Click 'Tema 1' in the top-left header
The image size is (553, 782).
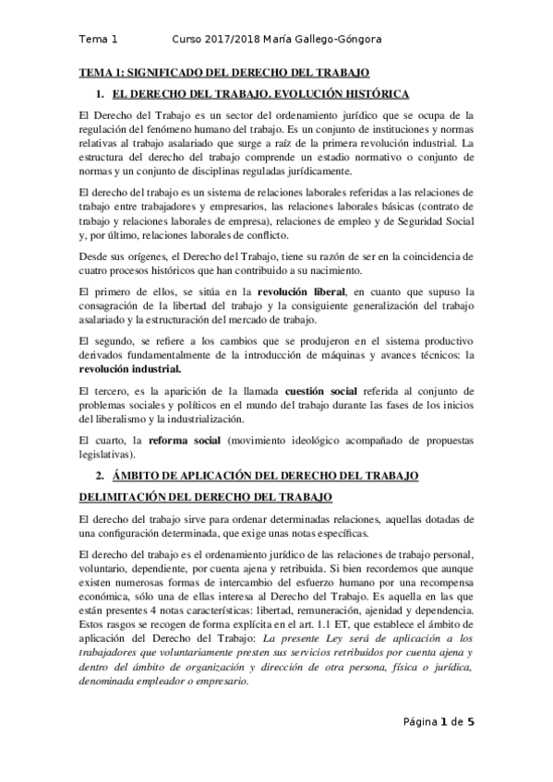98,40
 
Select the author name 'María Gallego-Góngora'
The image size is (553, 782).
332,40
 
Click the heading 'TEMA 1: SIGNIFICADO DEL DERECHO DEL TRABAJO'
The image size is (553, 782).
224,71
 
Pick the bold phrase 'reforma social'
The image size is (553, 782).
184,440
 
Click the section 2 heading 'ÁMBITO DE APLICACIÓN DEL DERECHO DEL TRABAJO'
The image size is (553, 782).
265,476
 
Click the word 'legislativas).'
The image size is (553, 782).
110,454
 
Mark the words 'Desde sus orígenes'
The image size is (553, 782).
125,255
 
